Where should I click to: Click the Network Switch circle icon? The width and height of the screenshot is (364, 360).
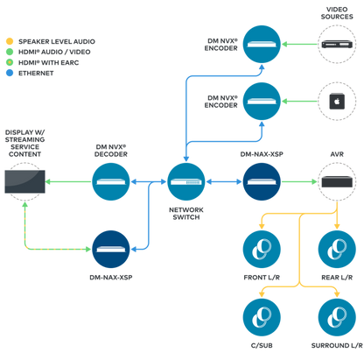click(x=186, y=181)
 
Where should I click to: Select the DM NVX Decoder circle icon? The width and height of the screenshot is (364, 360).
click(x=111, y=181)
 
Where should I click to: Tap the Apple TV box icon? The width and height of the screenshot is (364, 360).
click(x=337, y=102)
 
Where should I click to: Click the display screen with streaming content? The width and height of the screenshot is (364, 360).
click(x=24, y=181)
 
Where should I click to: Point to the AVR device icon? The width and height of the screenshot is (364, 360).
click(x=337, y=181)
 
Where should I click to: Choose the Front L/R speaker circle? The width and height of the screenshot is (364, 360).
click(x=262, y=250)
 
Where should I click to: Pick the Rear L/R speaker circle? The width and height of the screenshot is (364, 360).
click(x=337, y=250)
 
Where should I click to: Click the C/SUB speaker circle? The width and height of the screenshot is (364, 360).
click(x=262, y=317)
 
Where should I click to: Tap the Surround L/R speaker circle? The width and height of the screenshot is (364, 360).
click(x=337, y=317)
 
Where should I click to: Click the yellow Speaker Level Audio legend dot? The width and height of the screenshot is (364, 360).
click(x=10, y=41)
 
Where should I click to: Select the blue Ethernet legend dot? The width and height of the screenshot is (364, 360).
click(x=10, y=73)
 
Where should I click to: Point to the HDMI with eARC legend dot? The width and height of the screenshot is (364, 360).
click(x=10, y=62)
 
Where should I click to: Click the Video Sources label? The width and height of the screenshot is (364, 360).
click(x=337, y=13)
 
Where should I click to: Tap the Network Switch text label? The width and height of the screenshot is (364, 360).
click(x=186, y=214)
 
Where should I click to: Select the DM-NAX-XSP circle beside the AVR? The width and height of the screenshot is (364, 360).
click(x=262, y=181)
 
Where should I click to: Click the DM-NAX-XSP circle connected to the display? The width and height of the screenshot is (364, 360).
click(x=111, y=249)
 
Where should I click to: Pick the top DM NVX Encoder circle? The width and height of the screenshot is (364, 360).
click(x=262, y=44)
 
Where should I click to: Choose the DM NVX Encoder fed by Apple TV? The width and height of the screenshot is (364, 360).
click(x=262, y=102)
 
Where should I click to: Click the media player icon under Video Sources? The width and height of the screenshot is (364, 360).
click(x=337, y=45)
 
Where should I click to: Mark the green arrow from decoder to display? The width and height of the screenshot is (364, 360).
click(x=68, y=181)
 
